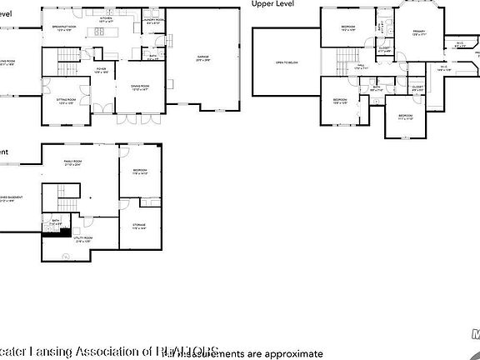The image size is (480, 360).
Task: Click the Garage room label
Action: (x=202, y=58)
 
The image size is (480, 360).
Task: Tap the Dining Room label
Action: (x=138, y=87)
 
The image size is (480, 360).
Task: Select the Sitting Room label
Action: (x=67, y=101)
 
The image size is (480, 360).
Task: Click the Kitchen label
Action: (x=106, y=18)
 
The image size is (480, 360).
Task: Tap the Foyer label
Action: (x=101, y=70)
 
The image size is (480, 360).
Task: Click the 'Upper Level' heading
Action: (x=274, y=4)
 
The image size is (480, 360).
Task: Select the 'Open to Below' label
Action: (x=275, y=62)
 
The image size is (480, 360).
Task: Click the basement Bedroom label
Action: (x=139, y=173)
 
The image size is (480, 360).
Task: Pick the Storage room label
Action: (x=139, y=226)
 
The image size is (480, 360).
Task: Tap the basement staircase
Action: (x=59, y=200)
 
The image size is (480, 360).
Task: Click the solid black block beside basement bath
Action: (x=57, y=233)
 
